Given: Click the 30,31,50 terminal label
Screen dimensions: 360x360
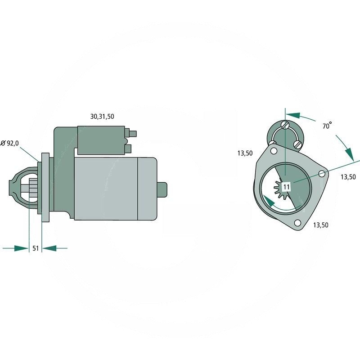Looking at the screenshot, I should click(x=102, y=116).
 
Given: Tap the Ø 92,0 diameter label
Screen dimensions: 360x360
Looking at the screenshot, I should click(x=10, y=143).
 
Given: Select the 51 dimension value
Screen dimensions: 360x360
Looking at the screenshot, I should click(x=35, y=248).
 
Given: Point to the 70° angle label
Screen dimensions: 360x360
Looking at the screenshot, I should click(x=327, y=126).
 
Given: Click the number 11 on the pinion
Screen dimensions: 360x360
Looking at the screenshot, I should click(x=287, y=186).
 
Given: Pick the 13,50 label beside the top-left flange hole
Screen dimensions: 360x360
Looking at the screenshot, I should click(x=245, y=153).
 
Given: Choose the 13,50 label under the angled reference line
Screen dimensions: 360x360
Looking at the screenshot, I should click(x=348, y=177).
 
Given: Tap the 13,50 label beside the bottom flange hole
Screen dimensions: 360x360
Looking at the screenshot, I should click(x=320, y=225).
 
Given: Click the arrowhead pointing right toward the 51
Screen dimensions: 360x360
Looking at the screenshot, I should click(x=21, y=248).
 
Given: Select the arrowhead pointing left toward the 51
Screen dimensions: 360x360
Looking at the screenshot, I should click(x=49, y=248).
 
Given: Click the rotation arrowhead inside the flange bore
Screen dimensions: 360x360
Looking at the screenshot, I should click(x=268, y=201).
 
